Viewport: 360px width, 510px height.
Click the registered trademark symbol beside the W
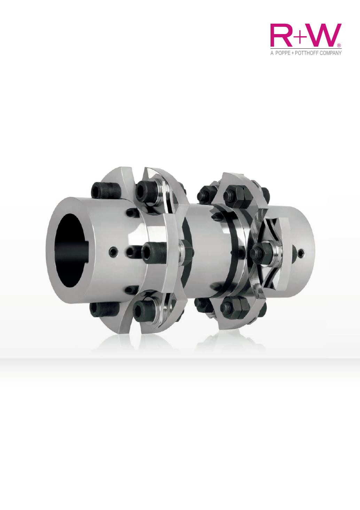339,45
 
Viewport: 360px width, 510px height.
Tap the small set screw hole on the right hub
301,252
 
